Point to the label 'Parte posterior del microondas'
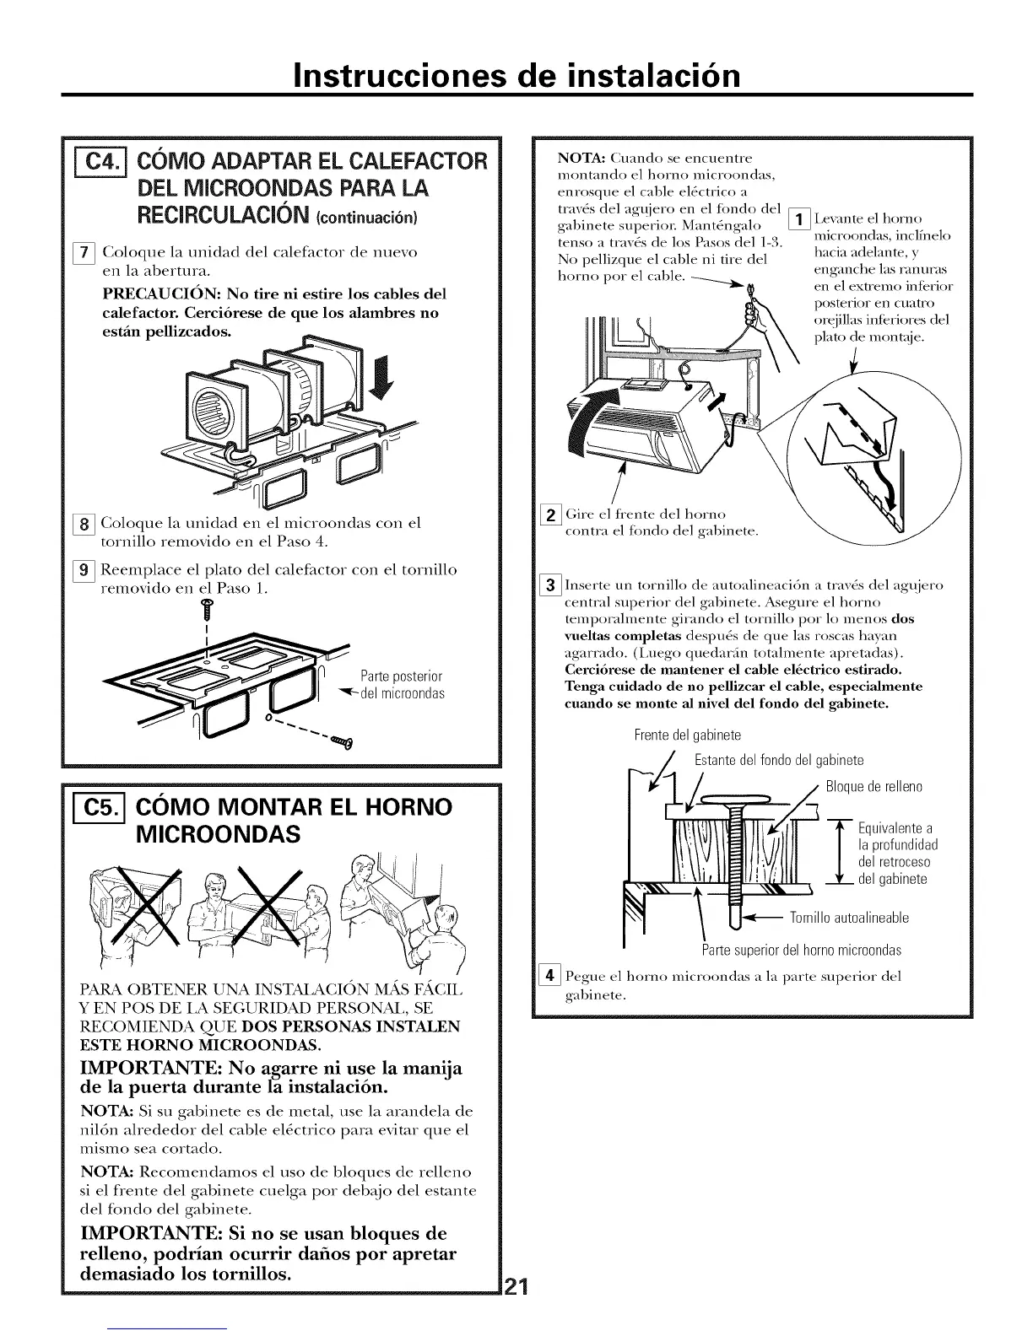pos(400,685)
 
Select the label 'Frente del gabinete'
pos(688,735)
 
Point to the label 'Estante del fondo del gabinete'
pos(778,761)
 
